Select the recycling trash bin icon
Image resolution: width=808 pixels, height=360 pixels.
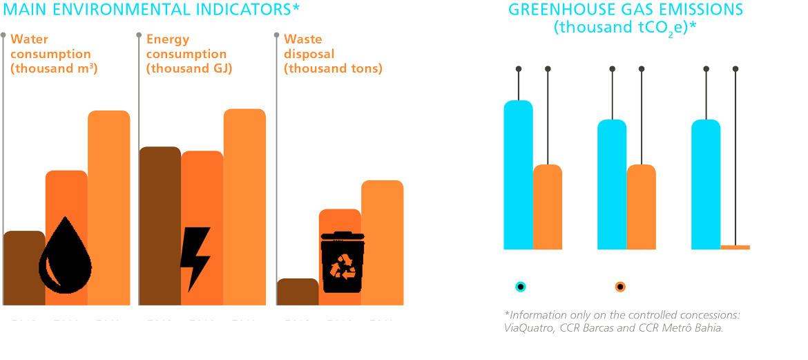pos(343,262)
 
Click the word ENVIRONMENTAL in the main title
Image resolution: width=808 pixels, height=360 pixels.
pos(139,10)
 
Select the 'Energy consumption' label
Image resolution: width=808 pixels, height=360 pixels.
pos(186,54)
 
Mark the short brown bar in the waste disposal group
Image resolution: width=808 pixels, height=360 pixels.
pos(298,292)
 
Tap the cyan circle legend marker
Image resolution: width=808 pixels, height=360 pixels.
pos(521,287)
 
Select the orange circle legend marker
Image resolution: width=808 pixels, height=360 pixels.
pos(620,287)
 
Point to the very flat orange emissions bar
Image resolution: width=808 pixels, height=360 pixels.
pos(735,247)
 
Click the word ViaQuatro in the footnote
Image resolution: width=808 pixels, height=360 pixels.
pos(528,328)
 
